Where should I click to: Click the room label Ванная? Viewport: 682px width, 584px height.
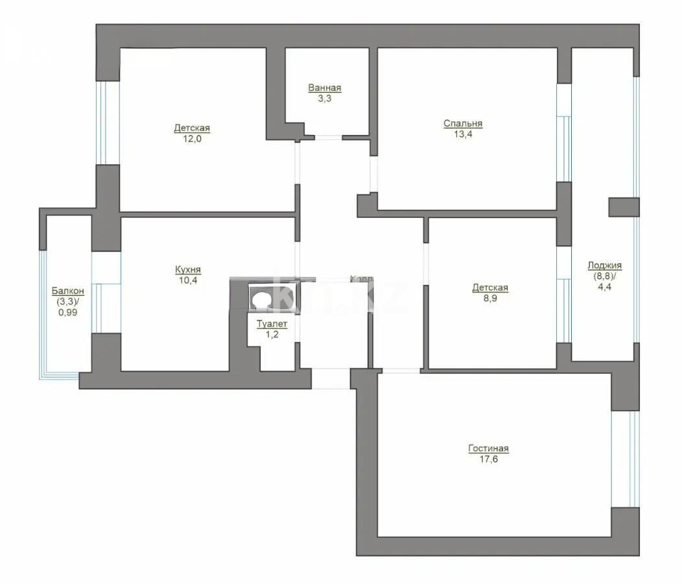(x=324, y=88)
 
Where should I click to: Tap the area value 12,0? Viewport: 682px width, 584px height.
(x=191, y=139)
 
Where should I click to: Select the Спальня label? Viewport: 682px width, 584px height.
(x=463, y=123)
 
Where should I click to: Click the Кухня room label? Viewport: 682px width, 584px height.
(x=188, y=269)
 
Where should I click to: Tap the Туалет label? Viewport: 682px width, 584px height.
(x=271, y=324)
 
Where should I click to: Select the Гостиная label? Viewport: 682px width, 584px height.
(x=488, y=448)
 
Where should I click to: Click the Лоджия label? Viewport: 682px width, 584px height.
(x=604, y=265)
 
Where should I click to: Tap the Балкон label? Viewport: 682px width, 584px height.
(x=67, y=291)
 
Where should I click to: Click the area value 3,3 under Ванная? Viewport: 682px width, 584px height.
(x=324, y=99)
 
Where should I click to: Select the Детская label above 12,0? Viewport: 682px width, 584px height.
(x=191, y=128)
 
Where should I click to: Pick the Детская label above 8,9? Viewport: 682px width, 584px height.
(x=489, y=287)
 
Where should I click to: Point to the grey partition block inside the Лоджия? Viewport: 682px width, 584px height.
(x=624, y=207)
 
